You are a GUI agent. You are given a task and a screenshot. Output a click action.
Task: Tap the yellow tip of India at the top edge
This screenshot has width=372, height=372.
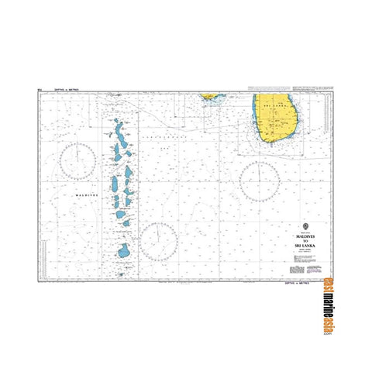coord(209,96)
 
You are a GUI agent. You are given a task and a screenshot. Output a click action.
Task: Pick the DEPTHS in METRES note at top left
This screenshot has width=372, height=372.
coord(66,91)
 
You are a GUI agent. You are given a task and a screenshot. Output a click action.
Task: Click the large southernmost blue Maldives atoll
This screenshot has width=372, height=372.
coord(124,251)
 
